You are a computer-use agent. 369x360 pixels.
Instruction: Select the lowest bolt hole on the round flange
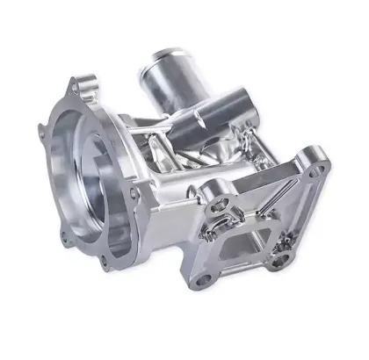click(110, 263)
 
